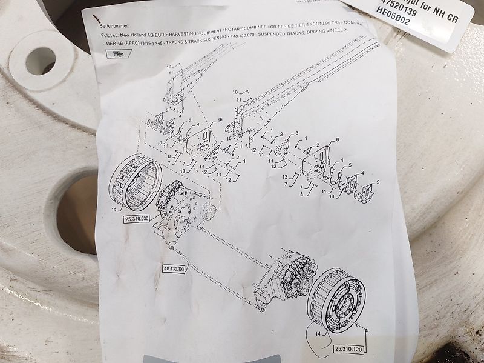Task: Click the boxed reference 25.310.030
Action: tap(136, 219)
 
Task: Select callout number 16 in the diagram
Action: tap(220, 120)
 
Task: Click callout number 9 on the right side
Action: tap(378, 182)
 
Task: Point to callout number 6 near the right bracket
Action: tap(337, 140)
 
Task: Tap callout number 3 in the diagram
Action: tap(297, 133)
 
